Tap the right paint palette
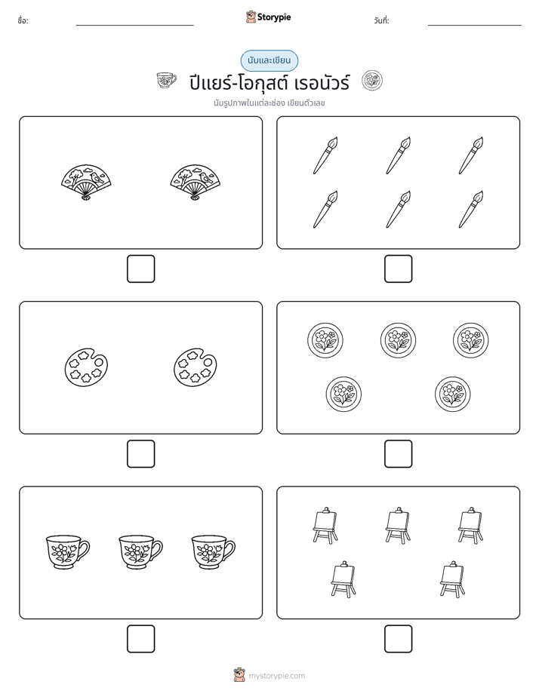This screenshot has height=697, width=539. click(x=196, y=367)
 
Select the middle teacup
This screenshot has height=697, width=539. click(x=140, y=552)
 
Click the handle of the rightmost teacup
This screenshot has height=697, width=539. click(x=230, y=548)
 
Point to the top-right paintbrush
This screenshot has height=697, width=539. click(x=471, y=155)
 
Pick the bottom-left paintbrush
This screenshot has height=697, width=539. click(x=325, y=210)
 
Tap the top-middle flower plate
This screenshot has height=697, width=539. click(x=399, y=340)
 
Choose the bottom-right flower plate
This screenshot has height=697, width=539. click(x=453, y=395)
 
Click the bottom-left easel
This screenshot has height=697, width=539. click(x=343, y=579)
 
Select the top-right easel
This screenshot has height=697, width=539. click(x=471, y=526)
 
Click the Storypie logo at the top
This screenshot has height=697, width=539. click(x=268, y=17)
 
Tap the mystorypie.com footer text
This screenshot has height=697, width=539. click(x=276, y=676)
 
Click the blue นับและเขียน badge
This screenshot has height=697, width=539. click(x=269, y=60)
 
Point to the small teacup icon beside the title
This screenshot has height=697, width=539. click(x=166, y=81)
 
